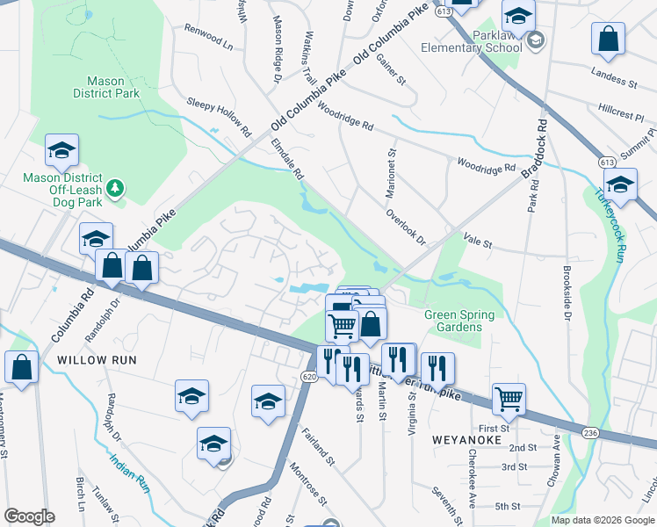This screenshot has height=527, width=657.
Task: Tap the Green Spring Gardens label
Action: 458,321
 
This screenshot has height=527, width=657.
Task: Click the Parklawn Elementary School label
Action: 470,41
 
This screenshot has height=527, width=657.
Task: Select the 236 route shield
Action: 592,431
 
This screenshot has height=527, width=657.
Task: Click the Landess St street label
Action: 614,76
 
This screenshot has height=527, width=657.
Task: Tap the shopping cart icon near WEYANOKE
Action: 509,398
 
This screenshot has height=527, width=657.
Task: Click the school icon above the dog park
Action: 61,150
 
